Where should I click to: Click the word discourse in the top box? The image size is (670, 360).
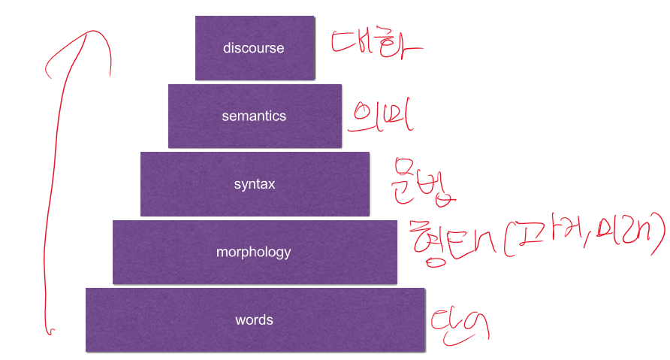(254, 48)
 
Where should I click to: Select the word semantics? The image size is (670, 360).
(254, 116)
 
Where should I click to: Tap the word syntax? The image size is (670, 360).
(254, 184)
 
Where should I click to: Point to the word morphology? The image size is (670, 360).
(253, 253)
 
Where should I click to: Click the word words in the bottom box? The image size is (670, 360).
(254, 320)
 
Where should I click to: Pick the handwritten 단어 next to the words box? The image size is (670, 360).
(460, 325)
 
